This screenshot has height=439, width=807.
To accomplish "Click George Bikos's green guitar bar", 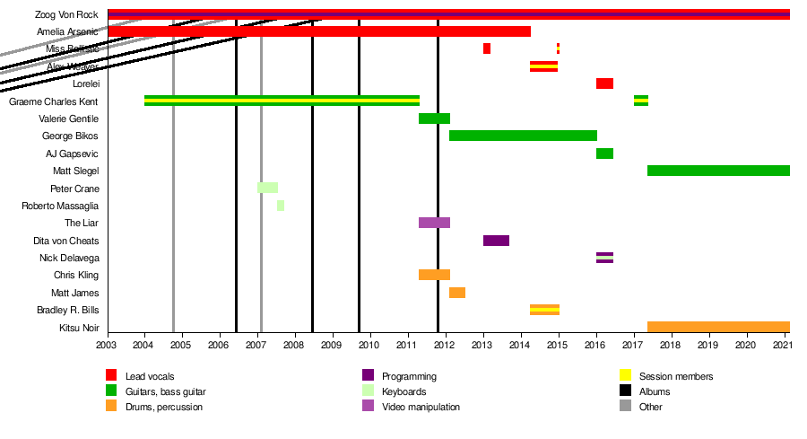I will [x=523, y=136].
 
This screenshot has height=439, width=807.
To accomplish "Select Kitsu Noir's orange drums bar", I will [x=718, y=327].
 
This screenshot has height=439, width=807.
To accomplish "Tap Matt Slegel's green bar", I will [x=718, y=171].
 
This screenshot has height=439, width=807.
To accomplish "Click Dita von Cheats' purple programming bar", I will [x=496, y=241].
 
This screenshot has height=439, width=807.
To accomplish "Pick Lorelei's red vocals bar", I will [x=604, y=83].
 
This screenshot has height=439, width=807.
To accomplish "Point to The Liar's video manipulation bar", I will [x=434, y=223].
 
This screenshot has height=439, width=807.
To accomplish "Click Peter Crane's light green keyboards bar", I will [x=267, y=188].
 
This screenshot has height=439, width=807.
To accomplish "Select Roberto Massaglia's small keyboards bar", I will [x=281, y=206].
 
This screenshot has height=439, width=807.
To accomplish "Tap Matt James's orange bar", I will [x=457, y=293].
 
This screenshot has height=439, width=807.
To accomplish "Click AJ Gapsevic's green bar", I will [x=604, y=154].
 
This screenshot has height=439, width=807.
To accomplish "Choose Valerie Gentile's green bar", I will [x=434, y=119].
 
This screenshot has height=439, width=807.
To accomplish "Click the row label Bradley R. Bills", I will [x=67, y=311].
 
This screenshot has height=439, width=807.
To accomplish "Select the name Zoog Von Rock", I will [x=66, y=14].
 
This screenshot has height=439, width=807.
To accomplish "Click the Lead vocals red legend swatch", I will [x=111, y=375].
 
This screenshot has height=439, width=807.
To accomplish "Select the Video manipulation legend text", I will [x=421, y=408].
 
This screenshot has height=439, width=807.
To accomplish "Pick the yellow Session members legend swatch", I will [x=627, y=375].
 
